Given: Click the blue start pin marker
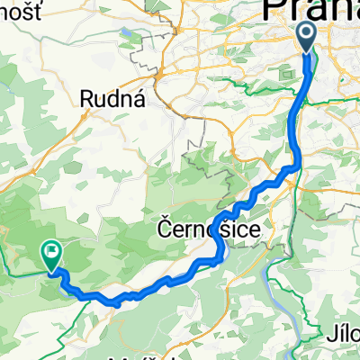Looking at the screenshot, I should point(306,38).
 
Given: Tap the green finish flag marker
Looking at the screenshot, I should point(52,256).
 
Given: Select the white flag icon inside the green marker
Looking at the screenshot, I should point(52,254).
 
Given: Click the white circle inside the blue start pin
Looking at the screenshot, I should point(306,35).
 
